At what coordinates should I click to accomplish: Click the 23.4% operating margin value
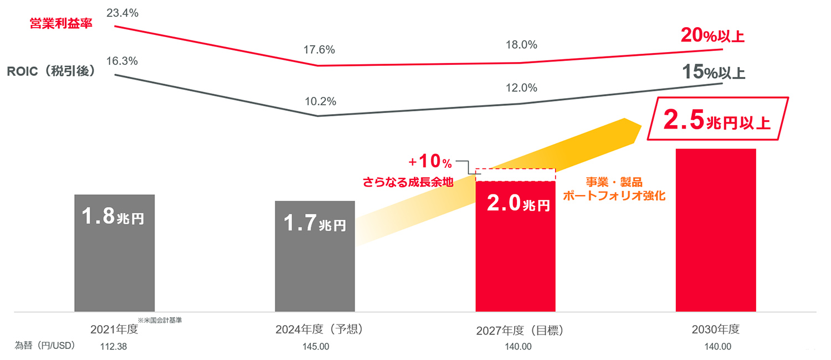122,13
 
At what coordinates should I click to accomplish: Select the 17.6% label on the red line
319,50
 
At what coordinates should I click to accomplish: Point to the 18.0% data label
521,45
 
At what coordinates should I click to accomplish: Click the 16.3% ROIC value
122,61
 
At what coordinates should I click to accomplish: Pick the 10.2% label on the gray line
320,102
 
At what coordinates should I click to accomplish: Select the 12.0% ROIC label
521,88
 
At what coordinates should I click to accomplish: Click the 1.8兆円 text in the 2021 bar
113,217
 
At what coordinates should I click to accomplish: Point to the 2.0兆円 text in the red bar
519,204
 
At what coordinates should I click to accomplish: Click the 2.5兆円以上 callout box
716,122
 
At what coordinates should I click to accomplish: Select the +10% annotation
430,162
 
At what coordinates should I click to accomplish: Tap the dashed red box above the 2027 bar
515,174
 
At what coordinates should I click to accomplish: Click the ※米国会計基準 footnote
160,320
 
